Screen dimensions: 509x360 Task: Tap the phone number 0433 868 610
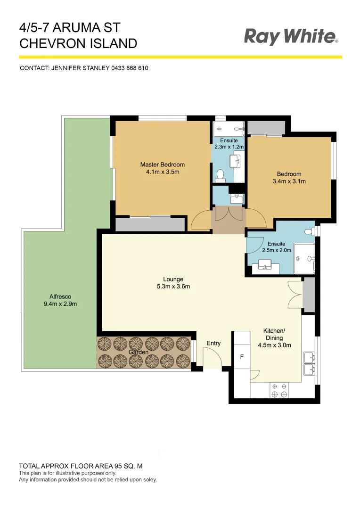tap(130, 68)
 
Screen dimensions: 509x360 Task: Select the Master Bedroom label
tap(162, 164)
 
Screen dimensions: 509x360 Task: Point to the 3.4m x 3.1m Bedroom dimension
tap(289, 181)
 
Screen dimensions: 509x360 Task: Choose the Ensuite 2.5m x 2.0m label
tap(276, 247)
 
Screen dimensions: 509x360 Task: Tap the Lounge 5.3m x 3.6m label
tap(173, 283)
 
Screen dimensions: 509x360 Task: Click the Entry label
tap(213, 343)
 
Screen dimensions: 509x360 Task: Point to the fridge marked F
tap(242, 357)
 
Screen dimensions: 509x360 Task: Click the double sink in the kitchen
tap(309, 362)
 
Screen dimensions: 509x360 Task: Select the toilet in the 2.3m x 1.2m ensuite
tap(220, 176)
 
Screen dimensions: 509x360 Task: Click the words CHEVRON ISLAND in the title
tap(78, 44)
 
